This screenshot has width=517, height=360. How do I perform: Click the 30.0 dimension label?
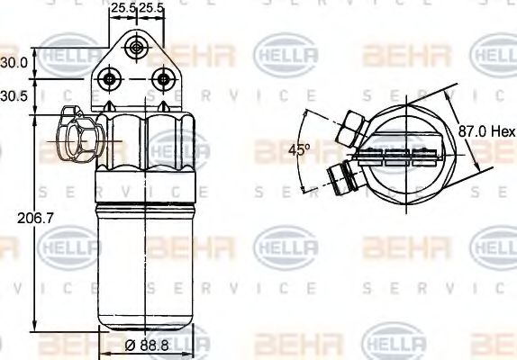pyautogui.click(x=14, y=63)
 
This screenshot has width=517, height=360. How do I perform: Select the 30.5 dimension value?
pyautogui.click(x=14, y=94)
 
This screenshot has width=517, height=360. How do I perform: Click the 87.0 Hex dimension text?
pyautogui.click(x=483, y=130)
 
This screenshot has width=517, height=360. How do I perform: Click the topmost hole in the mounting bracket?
pyautogui.click(x=136, y=47)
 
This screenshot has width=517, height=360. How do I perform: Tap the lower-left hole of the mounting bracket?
pyautogui.click(x=111, y=79)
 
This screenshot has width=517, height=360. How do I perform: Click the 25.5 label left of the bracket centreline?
pyautogui.click(x=122, y=8)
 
